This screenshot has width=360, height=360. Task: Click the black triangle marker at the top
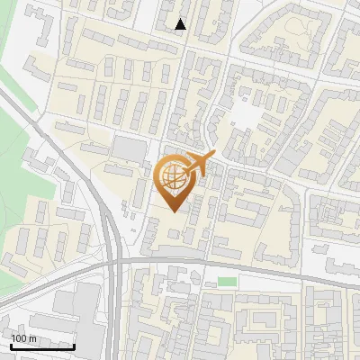click(181, 24)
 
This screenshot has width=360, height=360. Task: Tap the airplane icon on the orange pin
click(200, 164)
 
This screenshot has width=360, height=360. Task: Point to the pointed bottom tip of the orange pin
click(174, 212)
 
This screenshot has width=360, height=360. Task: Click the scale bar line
click(42, 346)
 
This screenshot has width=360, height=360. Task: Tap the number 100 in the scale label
click(20, 338)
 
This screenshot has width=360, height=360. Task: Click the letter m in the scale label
click(33, 338)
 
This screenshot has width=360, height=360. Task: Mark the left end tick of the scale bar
click(11, 345)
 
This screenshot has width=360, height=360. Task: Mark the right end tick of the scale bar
click(74, 345)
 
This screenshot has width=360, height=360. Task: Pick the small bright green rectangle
click(227, 283)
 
